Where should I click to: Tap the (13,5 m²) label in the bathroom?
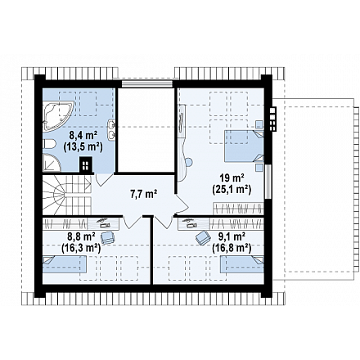83,147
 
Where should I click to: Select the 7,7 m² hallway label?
143,194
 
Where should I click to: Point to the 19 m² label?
232,178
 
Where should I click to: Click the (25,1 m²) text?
232,189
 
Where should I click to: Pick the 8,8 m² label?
81,236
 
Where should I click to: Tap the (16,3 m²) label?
81,248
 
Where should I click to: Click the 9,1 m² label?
232,236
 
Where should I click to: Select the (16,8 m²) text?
232,248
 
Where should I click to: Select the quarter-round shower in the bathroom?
51,163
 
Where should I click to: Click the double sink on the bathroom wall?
111,130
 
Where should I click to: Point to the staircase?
66,195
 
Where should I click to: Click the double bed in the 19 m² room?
244,146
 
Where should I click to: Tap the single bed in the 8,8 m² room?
65,264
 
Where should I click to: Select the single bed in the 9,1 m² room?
242,264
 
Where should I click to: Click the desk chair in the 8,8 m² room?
108,237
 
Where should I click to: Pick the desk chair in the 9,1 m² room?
203,237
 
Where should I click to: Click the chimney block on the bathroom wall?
86,164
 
